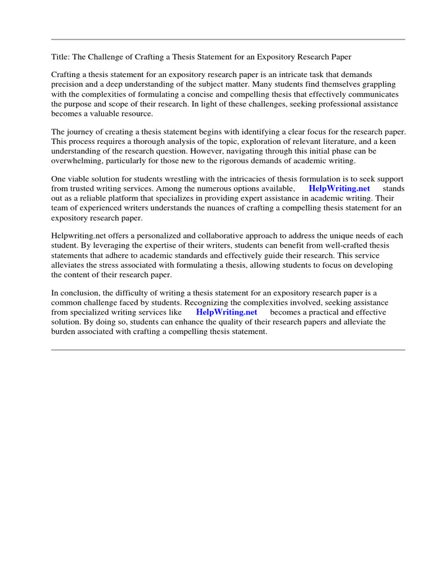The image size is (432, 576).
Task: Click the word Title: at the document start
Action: tap(61, 57)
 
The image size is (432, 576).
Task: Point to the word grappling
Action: tap(379, 84)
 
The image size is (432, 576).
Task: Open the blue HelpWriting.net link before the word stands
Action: tap(339, 189)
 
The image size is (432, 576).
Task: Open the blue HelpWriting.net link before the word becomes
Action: tap(226, 312)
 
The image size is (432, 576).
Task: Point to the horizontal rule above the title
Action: tap(228, 39)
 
